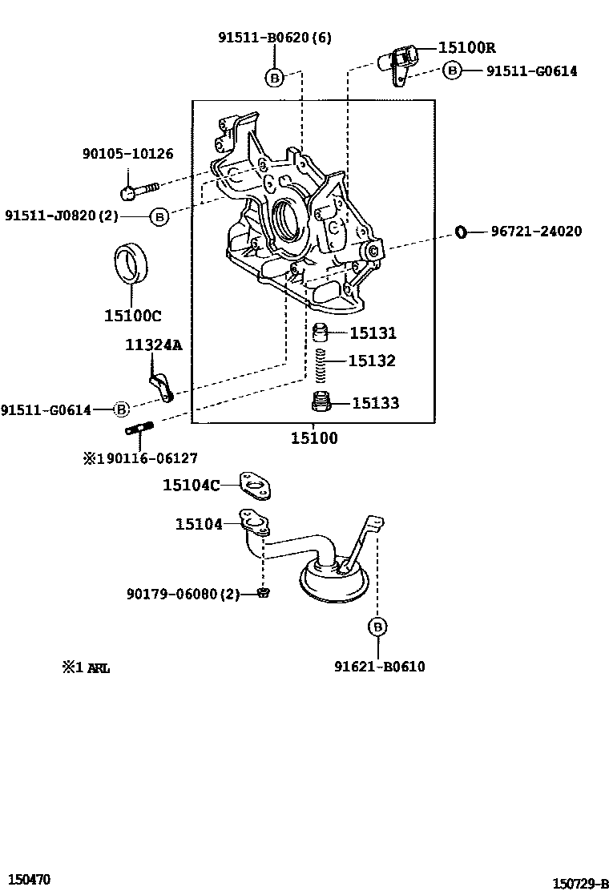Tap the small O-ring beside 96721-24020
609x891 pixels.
tap(461, 232)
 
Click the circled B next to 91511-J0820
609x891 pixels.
tap(159, 216)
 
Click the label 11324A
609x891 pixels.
tap(153, 345)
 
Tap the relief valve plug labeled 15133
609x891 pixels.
tap(322, 402)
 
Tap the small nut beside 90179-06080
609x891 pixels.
tap(264, 593)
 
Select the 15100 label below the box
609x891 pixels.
tap(313, 438)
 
